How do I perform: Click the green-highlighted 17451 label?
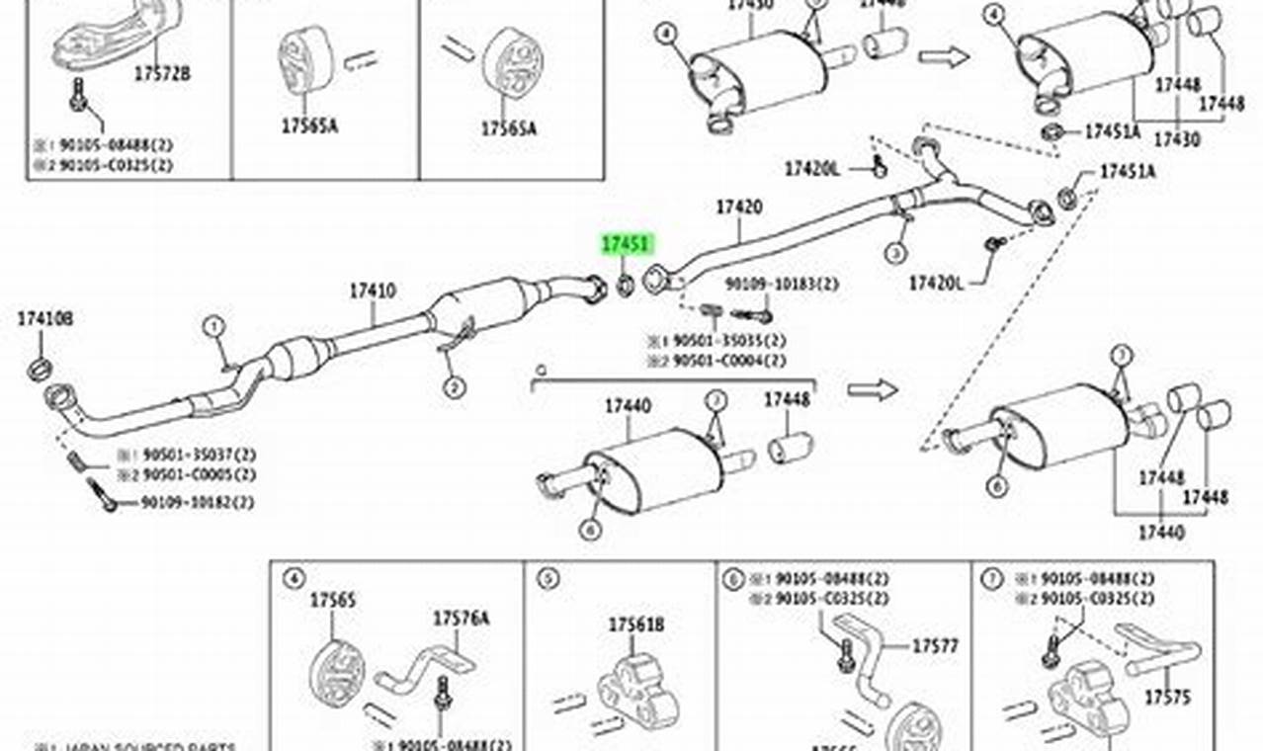point(627,244)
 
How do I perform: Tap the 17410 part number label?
point(373,291)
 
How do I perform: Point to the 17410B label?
point(44,318)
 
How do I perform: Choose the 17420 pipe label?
point(739,208)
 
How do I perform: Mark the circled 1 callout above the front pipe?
point(215,326)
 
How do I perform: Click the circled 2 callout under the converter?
point(454,388)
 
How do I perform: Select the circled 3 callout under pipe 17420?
point(895,253)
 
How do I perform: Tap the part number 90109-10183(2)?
point(782,285)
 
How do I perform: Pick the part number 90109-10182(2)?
point(197,503)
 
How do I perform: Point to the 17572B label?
point(162,72)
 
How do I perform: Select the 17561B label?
point(635,625)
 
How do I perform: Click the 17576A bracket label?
point(460,619)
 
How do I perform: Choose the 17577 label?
point(935,646)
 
